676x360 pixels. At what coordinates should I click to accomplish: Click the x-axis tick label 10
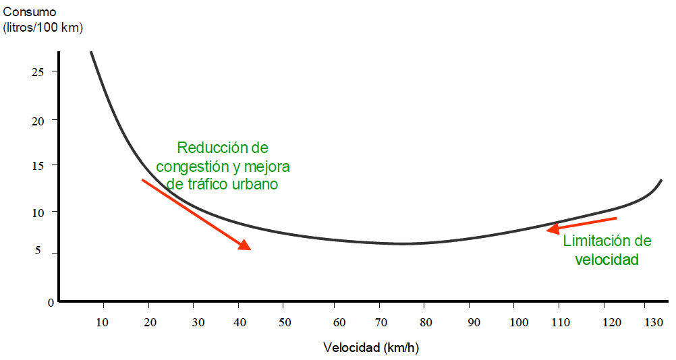point(103,322)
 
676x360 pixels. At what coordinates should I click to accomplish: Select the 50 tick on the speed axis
point(285,322)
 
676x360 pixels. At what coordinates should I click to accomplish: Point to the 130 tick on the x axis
point(654,322)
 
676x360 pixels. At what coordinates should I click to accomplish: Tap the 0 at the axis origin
point(51,303)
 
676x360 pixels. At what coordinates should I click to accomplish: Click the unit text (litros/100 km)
point(47,28)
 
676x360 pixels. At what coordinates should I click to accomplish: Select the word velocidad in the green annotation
point(607,259)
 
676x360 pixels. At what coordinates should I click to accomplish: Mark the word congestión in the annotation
point(190,166)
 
